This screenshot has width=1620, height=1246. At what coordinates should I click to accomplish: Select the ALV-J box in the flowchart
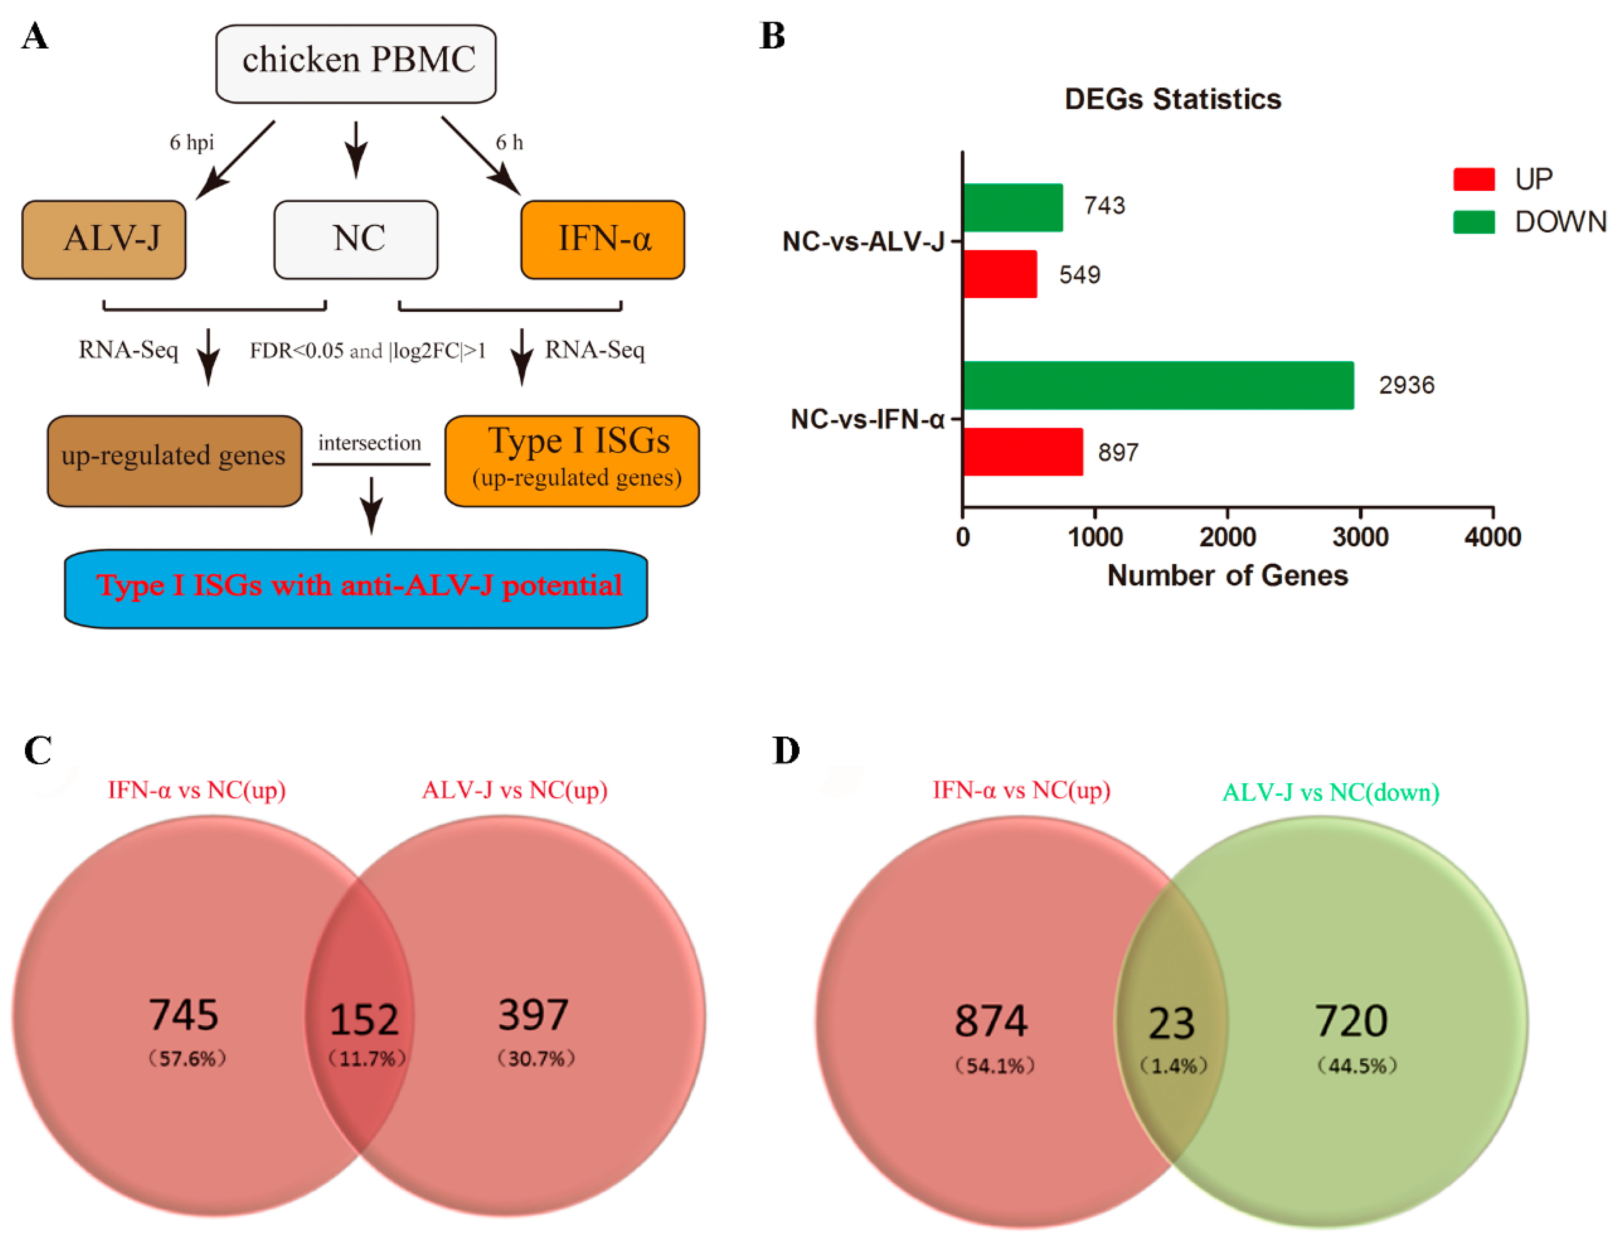104,239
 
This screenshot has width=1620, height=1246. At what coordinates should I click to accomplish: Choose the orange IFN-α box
602,239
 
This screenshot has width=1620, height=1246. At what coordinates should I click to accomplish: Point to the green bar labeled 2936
1157,385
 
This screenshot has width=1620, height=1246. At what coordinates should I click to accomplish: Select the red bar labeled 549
1000,274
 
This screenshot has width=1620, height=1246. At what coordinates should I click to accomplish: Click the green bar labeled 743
1012,207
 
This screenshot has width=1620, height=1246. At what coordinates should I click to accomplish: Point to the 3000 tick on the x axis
1359,536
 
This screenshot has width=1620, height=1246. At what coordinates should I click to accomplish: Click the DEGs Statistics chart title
1172,99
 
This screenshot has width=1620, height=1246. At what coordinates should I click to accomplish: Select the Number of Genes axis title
1227,575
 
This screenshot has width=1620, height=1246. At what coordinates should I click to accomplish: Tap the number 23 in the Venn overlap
1171,1023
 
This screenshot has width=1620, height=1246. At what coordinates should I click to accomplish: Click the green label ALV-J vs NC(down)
1330,792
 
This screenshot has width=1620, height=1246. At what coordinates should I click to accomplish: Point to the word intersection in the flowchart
369,443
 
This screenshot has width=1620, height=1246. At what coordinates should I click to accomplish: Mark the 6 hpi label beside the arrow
191,142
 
